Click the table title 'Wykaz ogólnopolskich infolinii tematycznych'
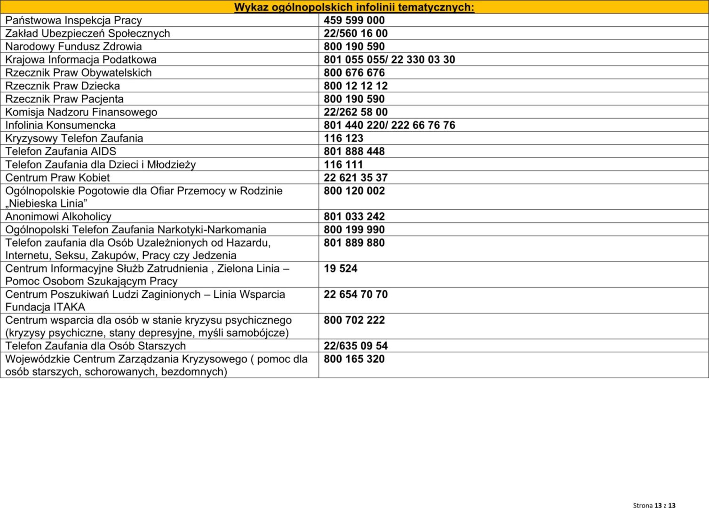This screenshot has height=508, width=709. pos(354,7)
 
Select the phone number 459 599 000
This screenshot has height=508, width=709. pos(354,20)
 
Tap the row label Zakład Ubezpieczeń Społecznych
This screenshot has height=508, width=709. pos(88,33)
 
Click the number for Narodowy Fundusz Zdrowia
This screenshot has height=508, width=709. pos(354,47)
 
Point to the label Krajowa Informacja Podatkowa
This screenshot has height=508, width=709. pos(81,60)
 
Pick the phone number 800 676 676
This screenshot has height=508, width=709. pos(354,73)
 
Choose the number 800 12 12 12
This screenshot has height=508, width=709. pos(355,86)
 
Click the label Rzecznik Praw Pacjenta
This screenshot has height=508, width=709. pos(64,99)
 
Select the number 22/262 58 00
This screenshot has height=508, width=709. pos(355,112)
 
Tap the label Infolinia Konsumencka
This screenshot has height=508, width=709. pos(60,125)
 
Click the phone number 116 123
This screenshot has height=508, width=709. pos(343,138)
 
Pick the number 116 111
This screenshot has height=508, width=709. pos(343,165)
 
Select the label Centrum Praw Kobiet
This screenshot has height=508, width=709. pos(57,178)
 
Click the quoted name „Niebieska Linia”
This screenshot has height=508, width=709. pos(46,204)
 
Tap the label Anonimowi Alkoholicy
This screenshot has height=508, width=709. pos(58,217)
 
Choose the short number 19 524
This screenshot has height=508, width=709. pos(340,269)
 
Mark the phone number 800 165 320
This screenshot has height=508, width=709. pos(354,359)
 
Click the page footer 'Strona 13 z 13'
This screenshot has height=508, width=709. pos(654,505)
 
